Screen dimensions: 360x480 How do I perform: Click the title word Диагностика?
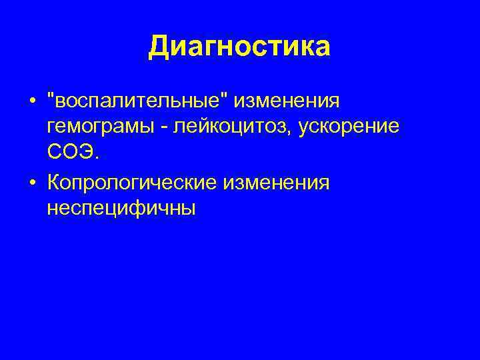[x=239, y=47]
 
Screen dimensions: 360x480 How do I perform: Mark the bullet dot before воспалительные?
[x=32, y=103]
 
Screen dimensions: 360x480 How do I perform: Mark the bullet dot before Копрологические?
[x=32, y=183]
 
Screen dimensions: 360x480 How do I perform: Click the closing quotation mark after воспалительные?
[x=231, y=98]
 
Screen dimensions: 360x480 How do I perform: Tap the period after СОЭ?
[x=99, y=158]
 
